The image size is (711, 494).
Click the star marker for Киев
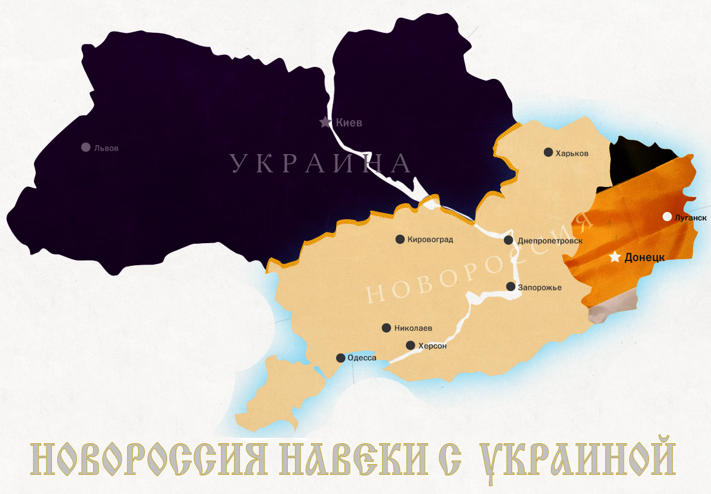tap(325, 122)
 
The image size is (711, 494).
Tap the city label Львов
tap(106, 148)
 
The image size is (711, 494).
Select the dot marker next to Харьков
tap(548, 152)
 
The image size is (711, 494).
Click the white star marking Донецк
tap(615, 257)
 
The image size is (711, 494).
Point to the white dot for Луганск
tap(667, 217)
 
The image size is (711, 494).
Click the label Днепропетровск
tap(550, 240)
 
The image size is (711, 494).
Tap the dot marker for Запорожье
tap(511, 287)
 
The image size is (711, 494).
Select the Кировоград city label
tap(430, 240)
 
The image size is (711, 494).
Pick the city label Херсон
tap(432, 345)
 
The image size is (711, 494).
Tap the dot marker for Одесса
tap(340, 358)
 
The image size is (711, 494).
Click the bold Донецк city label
tap(644, 258)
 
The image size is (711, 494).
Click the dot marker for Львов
tap(85, 147)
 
